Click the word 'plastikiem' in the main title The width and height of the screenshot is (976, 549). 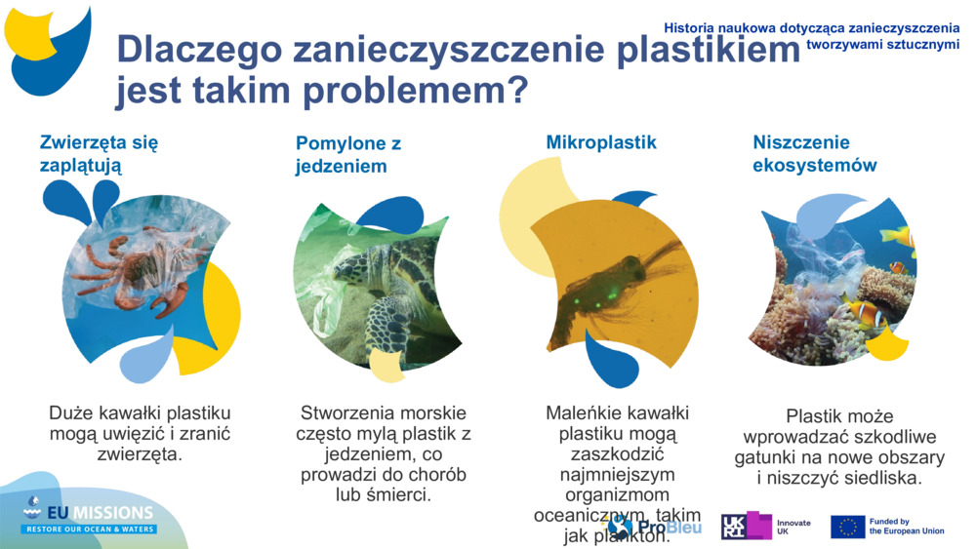point(697,49)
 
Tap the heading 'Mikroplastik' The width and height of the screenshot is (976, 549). point(601,142)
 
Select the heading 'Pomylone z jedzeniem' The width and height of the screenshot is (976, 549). point(348,155)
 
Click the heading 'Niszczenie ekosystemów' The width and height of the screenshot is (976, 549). point(814,154)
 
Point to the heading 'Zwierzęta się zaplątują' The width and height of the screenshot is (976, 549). point(99,154)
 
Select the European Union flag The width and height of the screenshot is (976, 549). point(847,528)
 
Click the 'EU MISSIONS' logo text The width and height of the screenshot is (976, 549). point(102,513)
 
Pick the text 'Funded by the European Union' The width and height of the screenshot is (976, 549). point(906,527)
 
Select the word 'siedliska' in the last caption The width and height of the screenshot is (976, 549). point(876,479)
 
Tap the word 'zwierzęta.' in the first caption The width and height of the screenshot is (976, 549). point(140,453)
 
